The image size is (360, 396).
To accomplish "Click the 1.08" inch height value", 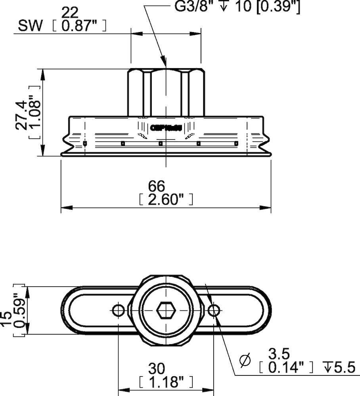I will click(35, 113).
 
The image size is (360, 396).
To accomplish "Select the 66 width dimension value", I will click(156, 185).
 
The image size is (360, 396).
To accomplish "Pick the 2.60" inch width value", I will click(165, 200).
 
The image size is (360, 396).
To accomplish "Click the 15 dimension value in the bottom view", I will click(7, 319).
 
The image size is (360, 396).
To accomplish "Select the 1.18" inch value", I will click(165, 383).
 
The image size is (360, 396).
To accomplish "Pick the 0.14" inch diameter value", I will click(286, 368).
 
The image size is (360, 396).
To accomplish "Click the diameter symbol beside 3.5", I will click(246, 360).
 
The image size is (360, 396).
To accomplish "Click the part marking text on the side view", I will click(165, 128).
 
